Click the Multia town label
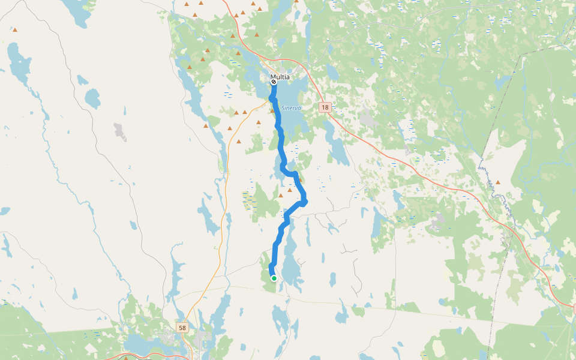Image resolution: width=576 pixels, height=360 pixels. coord(280,77)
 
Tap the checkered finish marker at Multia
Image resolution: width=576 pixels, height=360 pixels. coord(274,82)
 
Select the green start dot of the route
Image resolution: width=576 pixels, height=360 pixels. coord(274,278)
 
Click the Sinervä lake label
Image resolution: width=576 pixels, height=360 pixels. coord(291,107)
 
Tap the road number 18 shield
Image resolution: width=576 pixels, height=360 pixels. coord(325,107)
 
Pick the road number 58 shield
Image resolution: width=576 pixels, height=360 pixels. coord(182,328)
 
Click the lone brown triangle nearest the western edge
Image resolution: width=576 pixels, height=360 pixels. coord(14,29)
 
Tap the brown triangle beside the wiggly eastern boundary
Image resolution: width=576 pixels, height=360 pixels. coord(497,182)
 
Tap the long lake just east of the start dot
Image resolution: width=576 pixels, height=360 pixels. coord(291,264)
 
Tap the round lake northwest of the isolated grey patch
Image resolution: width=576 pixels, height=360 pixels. coord(92,97)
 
